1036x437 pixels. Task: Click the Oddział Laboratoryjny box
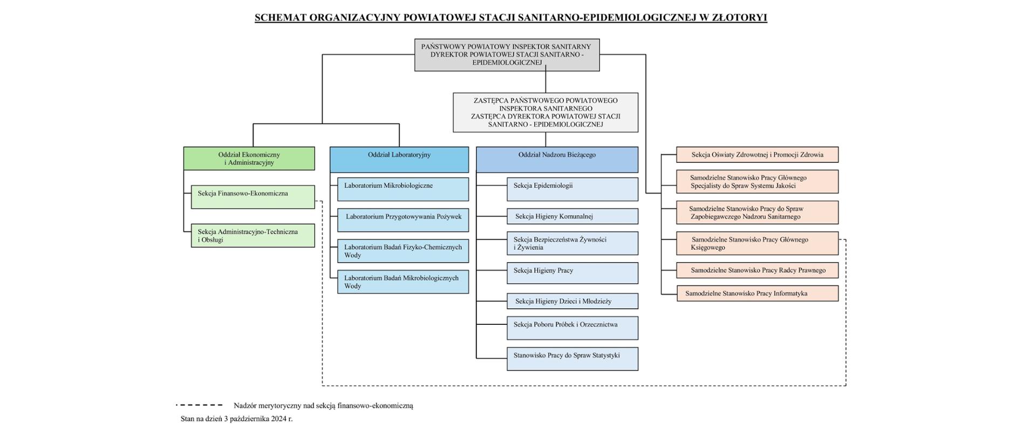(x=399, y=160)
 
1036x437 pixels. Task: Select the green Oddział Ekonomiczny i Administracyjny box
(x=249, y=159)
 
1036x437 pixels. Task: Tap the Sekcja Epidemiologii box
(x=572, y=189)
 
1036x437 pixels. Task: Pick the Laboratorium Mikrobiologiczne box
(x=403, y=189)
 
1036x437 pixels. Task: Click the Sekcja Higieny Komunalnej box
(x=572, y=216)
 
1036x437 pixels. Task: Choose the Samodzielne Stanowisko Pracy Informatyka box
(x=757, y=293)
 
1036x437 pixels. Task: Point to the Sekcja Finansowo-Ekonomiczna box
(x=253, y=197)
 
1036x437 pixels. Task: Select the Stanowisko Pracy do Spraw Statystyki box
(x=572, y=359)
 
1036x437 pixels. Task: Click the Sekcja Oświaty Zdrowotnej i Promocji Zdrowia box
(x=757, y=155)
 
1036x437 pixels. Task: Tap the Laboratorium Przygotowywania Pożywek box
(x=403, y=220)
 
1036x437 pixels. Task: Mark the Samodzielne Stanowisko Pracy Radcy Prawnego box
(x=757, y=270)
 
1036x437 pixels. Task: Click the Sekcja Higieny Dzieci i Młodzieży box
(x=572, y=301)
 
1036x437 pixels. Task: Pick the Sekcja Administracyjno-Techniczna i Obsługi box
(x=253, y=236)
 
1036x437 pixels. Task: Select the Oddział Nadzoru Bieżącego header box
(x=557, y=160)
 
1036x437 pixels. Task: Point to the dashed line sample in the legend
(x=199, y=405)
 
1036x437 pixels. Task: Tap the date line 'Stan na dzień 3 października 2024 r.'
(x=236, y=419)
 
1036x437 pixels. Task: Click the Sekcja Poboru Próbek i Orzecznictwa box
(x=572, y=328)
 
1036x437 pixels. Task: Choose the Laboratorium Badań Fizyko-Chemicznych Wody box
(x=403, y=251)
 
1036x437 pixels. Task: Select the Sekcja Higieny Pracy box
(x=572, y=273)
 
